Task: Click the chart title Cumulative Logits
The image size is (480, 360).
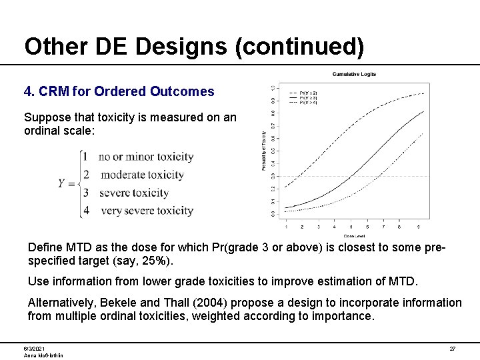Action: coord(354,74)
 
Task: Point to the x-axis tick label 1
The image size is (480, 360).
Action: coord(286,227)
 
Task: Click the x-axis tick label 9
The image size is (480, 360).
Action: coord(417,227)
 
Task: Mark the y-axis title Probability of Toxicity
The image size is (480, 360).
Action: coord(264,150)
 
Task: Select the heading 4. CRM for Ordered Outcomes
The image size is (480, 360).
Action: coord(119,91)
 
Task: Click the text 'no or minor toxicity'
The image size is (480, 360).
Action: coord(146,157)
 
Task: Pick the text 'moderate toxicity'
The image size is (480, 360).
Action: coord(141,175)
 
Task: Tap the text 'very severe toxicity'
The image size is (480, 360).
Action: coord(147,211)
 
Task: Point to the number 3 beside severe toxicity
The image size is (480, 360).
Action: coord(85,193)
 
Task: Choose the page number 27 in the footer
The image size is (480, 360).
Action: coord(452,349)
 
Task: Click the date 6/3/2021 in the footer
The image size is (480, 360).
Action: coord(35,349)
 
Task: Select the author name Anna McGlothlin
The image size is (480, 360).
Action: coord(43,356)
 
